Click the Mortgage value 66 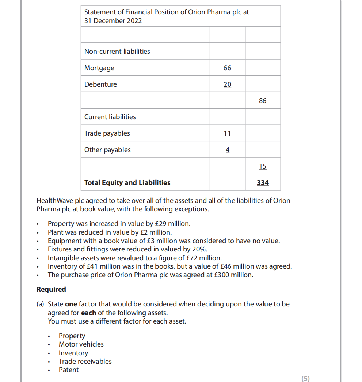click(227, 68)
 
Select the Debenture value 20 click(227, 84)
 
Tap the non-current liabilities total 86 click(263, 101)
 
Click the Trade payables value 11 click(227, 133)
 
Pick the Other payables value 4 click(227, 150)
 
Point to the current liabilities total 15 click(263, 166)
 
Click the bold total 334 click(263, 183)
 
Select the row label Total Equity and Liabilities click(127, 183)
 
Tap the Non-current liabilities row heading click(117, 52)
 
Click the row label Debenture click(100, 84)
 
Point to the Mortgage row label click(99, 68)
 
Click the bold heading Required click(51, 290)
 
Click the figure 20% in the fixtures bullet click(200, 249)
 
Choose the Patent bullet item click(69, 370)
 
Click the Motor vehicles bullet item click(81, 344)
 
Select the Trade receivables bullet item click(85, 362)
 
